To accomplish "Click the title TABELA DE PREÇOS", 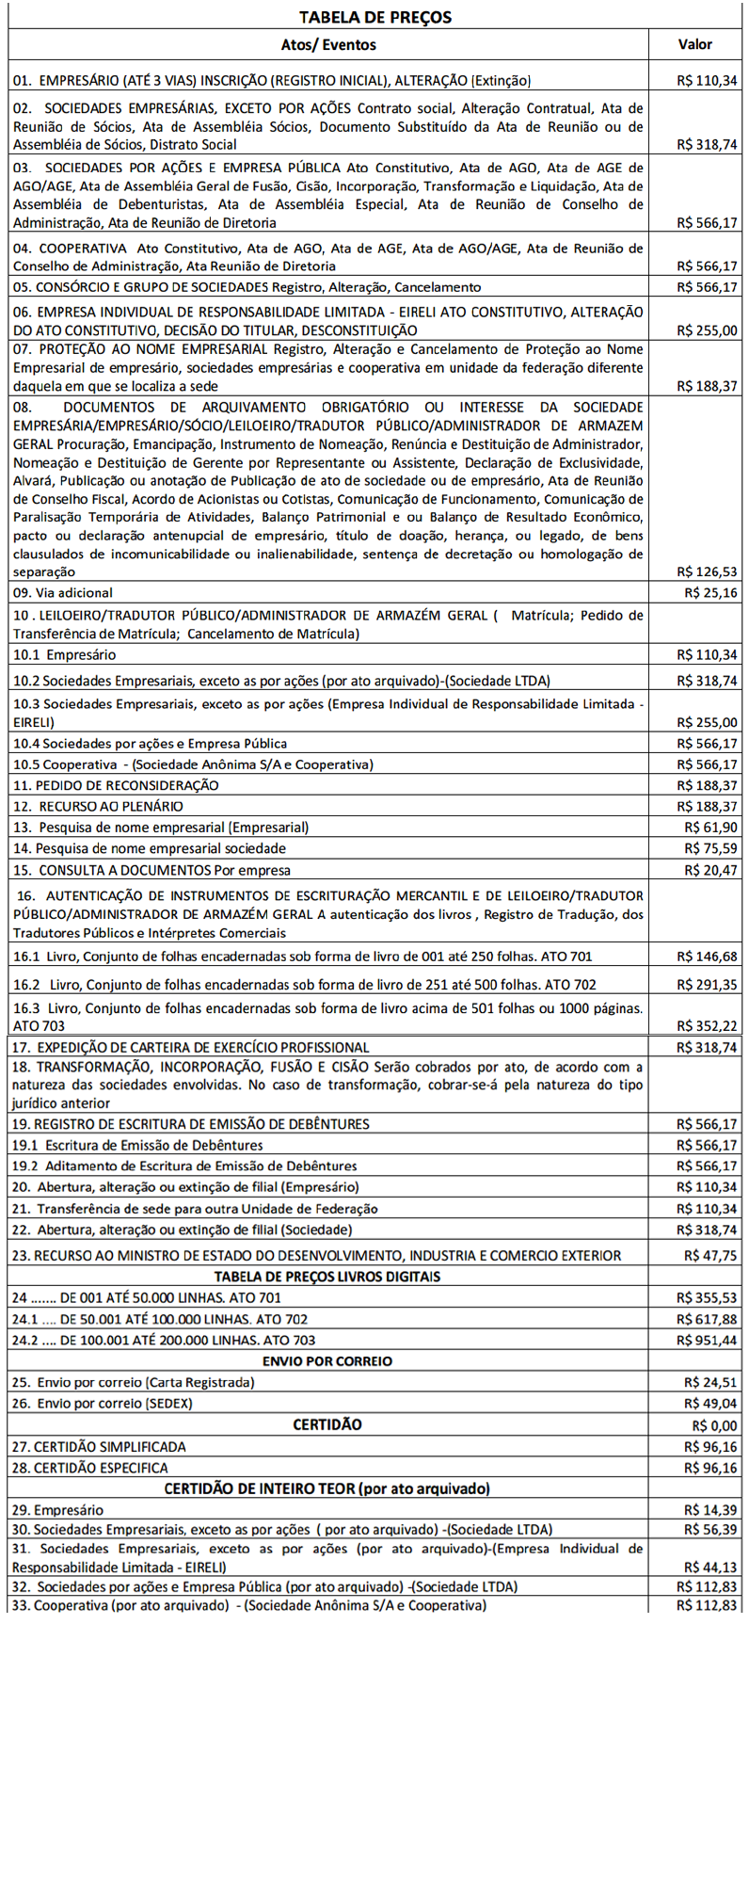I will click(374, 18).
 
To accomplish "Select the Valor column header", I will click(694, 44).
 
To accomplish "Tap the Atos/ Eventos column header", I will click(328, 44).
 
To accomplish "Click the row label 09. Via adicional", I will click(63, 593).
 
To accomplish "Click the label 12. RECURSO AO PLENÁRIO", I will click(98, 806).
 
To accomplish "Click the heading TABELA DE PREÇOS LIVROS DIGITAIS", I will click(327, 1277).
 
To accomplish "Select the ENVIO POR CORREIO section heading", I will click(327, 1360).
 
